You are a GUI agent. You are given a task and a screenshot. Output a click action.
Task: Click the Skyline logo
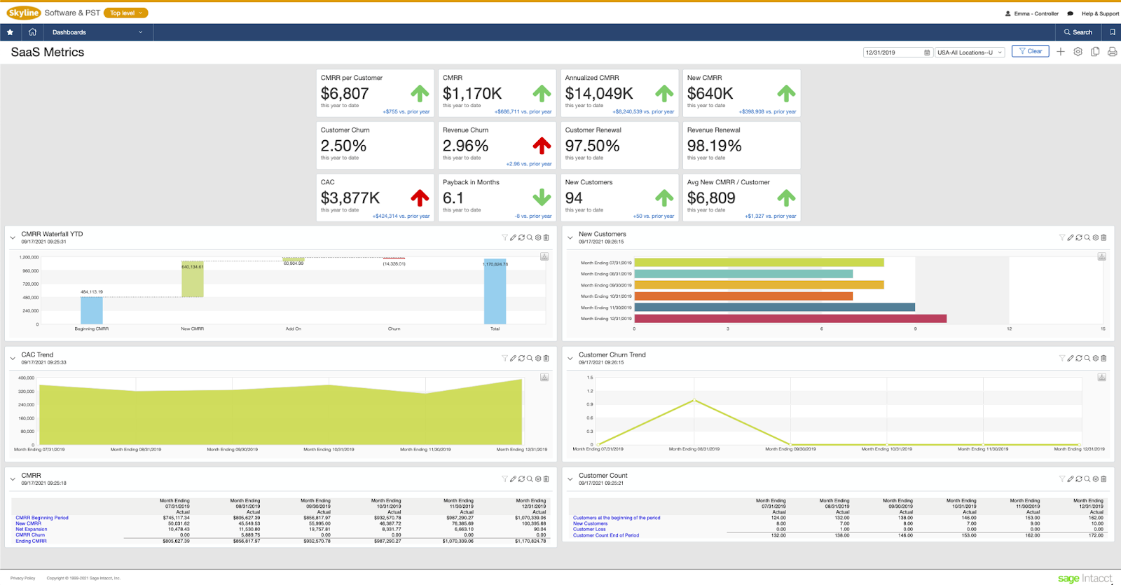click(x=24, y=13)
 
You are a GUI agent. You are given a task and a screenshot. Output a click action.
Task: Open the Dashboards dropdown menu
click(x=97, y=32)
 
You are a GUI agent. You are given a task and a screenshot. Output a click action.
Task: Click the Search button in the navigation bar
click(x=1078, y=32)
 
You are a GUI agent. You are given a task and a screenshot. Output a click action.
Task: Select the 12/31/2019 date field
click(x=893, y=53)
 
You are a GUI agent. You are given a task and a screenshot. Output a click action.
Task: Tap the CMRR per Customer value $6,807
click(x=345, y=94)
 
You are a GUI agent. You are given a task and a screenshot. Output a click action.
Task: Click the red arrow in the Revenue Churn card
click(x=542, y=146)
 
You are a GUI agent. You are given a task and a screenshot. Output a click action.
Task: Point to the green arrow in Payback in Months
click(x=542, y=198)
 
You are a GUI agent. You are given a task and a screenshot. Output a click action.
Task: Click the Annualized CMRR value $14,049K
click(x=599, y=94)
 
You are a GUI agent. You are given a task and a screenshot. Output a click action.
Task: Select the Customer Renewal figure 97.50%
click(x=592, y=146)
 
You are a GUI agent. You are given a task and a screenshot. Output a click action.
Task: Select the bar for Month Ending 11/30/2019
click(x=774, y=308)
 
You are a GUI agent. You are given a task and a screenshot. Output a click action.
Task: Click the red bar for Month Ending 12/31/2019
click(x=790, y=319)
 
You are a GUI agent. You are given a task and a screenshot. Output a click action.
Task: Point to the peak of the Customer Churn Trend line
click(x=694, y=400)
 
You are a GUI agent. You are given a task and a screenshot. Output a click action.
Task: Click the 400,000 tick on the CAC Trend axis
click(x=26, y=378)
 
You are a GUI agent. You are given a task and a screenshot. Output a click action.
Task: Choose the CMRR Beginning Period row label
click(x=42, y=518)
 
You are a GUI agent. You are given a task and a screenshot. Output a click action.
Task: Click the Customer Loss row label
click(x=589, y=530)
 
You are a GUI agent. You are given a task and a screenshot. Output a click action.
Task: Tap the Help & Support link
click(x=1100, y=13)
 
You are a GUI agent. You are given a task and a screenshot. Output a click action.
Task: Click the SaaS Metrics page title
click(x=48, y=53)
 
